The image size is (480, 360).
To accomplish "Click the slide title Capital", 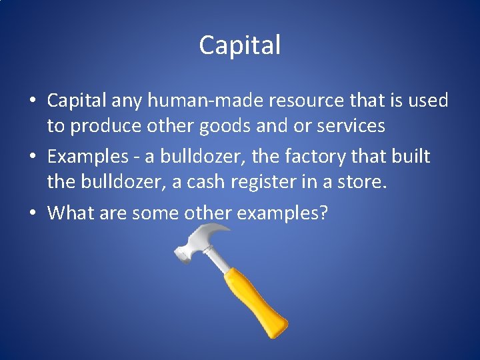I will pos(240,45).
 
